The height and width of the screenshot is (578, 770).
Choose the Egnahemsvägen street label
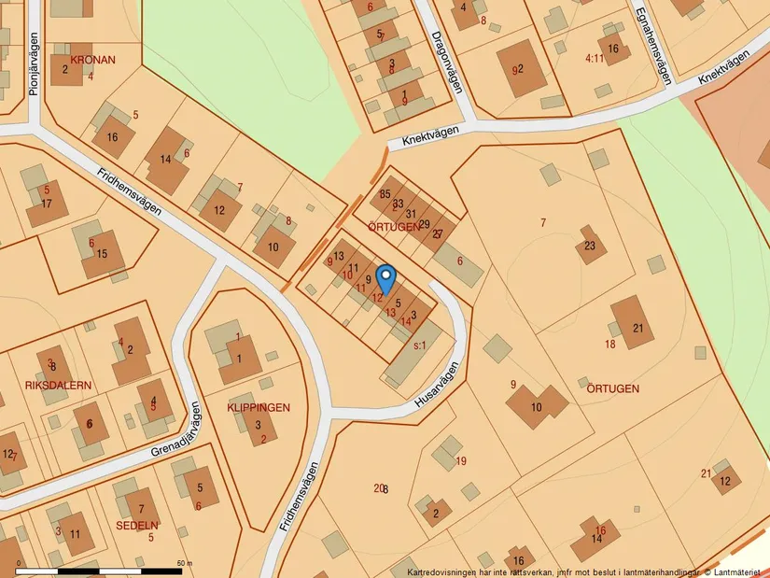[x=652, y=46]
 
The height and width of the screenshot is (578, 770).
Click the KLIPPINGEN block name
[x=259, y=408]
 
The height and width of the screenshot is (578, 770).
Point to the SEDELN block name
[x=136, y=526]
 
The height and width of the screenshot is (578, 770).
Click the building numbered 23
[x=590, y=246]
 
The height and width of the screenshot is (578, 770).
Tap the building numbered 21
[x=638, y=328]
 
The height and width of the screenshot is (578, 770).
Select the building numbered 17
[x=47, y=204]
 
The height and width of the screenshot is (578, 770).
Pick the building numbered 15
[x=102, y=254]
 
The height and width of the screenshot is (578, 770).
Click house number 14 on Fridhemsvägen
[x=166, y=159]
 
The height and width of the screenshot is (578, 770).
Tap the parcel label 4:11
[x=595, y=58]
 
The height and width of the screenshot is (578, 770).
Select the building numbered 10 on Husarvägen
[x=537, y=406]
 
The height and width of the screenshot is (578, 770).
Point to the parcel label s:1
[x=419, y=345]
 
